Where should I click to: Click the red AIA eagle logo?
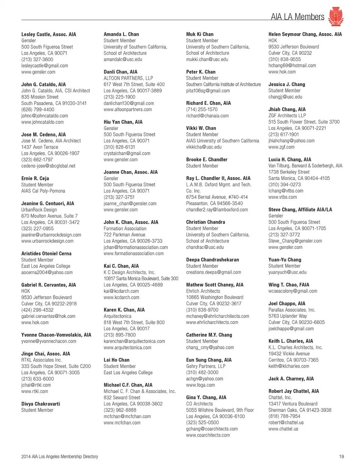tap(336, 16)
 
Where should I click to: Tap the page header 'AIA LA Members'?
tap(297, 17)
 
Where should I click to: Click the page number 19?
tap(341, 456)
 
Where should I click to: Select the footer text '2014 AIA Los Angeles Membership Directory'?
tap(60, 456)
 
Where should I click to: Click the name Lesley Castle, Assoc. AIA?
tap(49, 34)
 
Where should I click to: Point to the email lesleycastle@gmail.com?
tap(45, 66)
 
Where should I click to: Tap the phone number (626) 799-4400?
tap(38, 110)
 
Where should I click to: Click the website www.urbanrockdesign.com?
tap(47, 241)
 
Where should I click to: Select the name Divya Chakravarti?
tap(40, 404)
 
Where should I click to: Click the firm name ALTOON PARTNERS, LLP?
tap(128, 78)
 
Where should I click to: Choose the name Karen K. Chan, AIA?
tap(124, 310)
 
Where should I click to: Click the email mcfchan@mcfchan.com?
tap(127, 416)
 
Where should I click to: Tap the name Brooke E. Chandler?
tap(207, 159)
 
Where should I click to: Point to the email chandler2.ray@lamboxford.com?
tap(217, 210)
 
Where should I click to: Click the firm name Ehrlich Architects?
tap(203, 291)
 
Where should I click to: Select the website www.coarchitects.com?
tap(208, 435)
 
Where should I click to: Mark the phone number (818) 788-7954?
tap(284, 416)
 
